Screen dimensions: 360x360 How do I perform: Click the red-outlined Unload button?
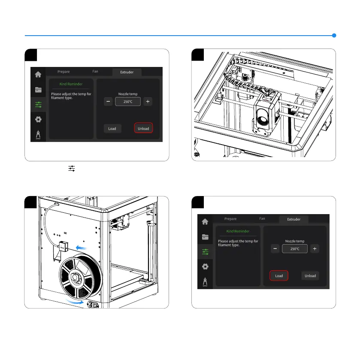[143, 128]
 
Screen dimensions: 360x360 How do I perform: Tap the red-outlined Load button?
[279, 275]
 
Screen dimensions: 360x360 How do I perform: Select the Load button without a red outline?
[112, 128]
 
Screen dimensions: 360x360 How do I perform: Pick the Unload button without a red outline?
[310, 275]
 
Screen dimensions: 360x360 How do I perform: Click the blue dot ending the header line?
[334, 35]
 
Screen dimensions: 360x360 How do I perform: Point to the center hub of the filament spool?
[76, 277]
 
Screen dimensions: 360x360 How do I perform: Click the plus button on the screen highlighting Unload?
[148, 102]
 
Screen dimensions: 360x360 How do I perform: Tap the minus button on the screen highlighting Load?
[275, 249]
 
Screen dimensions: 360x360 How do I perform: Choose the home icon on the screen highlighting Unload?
[38, 74]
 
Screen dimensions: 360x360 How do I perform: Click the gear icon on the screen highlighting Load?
[205, 266]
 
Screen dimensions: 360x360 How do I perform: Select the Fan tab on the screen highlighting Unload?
[95, 72]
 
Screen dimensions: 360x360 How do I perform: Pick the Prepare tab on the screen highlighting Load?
[230, 219]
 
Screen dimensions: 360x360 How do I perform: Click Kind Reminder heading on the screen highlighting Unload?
[70, 84]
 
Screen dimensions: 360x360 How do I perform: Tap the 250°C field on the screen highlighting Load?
[294, 249]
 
